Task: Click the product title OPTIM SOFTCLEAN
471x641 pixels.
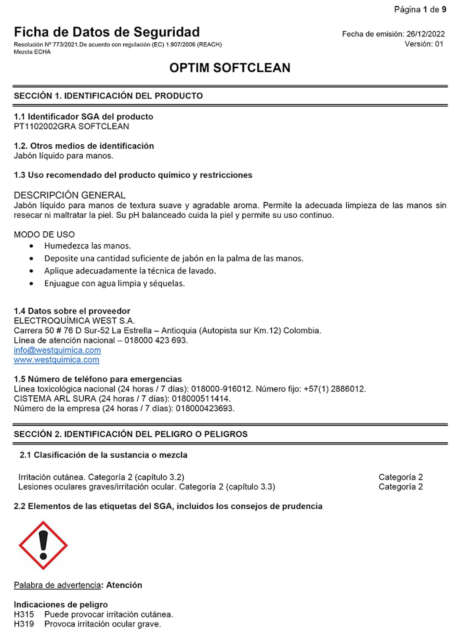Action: pyautogui.click(x=230, y=68)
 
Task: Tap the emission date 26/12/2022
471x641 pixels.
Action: pyautogui.click(x=425, y=34)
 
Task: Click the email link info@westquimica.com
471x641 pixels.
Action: pyautogui.click(x=57, y=350)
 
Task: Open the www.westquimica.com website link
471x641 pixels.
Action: pyautogui.click(x=56, y=360)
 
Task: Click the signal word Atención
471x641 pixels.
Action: pyautogui.click(x=124, y=585)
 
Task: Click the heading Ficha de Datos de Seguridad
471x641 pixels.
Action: pyautogui.click(x=107, y=32)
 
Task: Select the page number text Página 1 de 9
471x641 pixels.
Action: pyautogui.click(x=420, y=10)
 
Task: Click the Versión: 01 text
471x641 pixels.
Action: pyautogui.click(x=424, y=44)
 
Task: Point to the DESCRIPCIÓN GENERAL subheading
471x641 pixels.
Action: pyautogui.click(x=70, y=195)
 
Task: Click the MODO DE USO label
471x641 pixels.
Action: pyautogui.click(x=44, y=235)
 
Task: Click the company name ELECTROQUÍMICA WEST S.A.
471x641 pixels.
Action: pyautogui.click(x=74, y=321)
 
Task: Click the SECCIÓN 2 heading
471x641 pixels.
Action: pyautogui.click(x=131, y=434)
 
